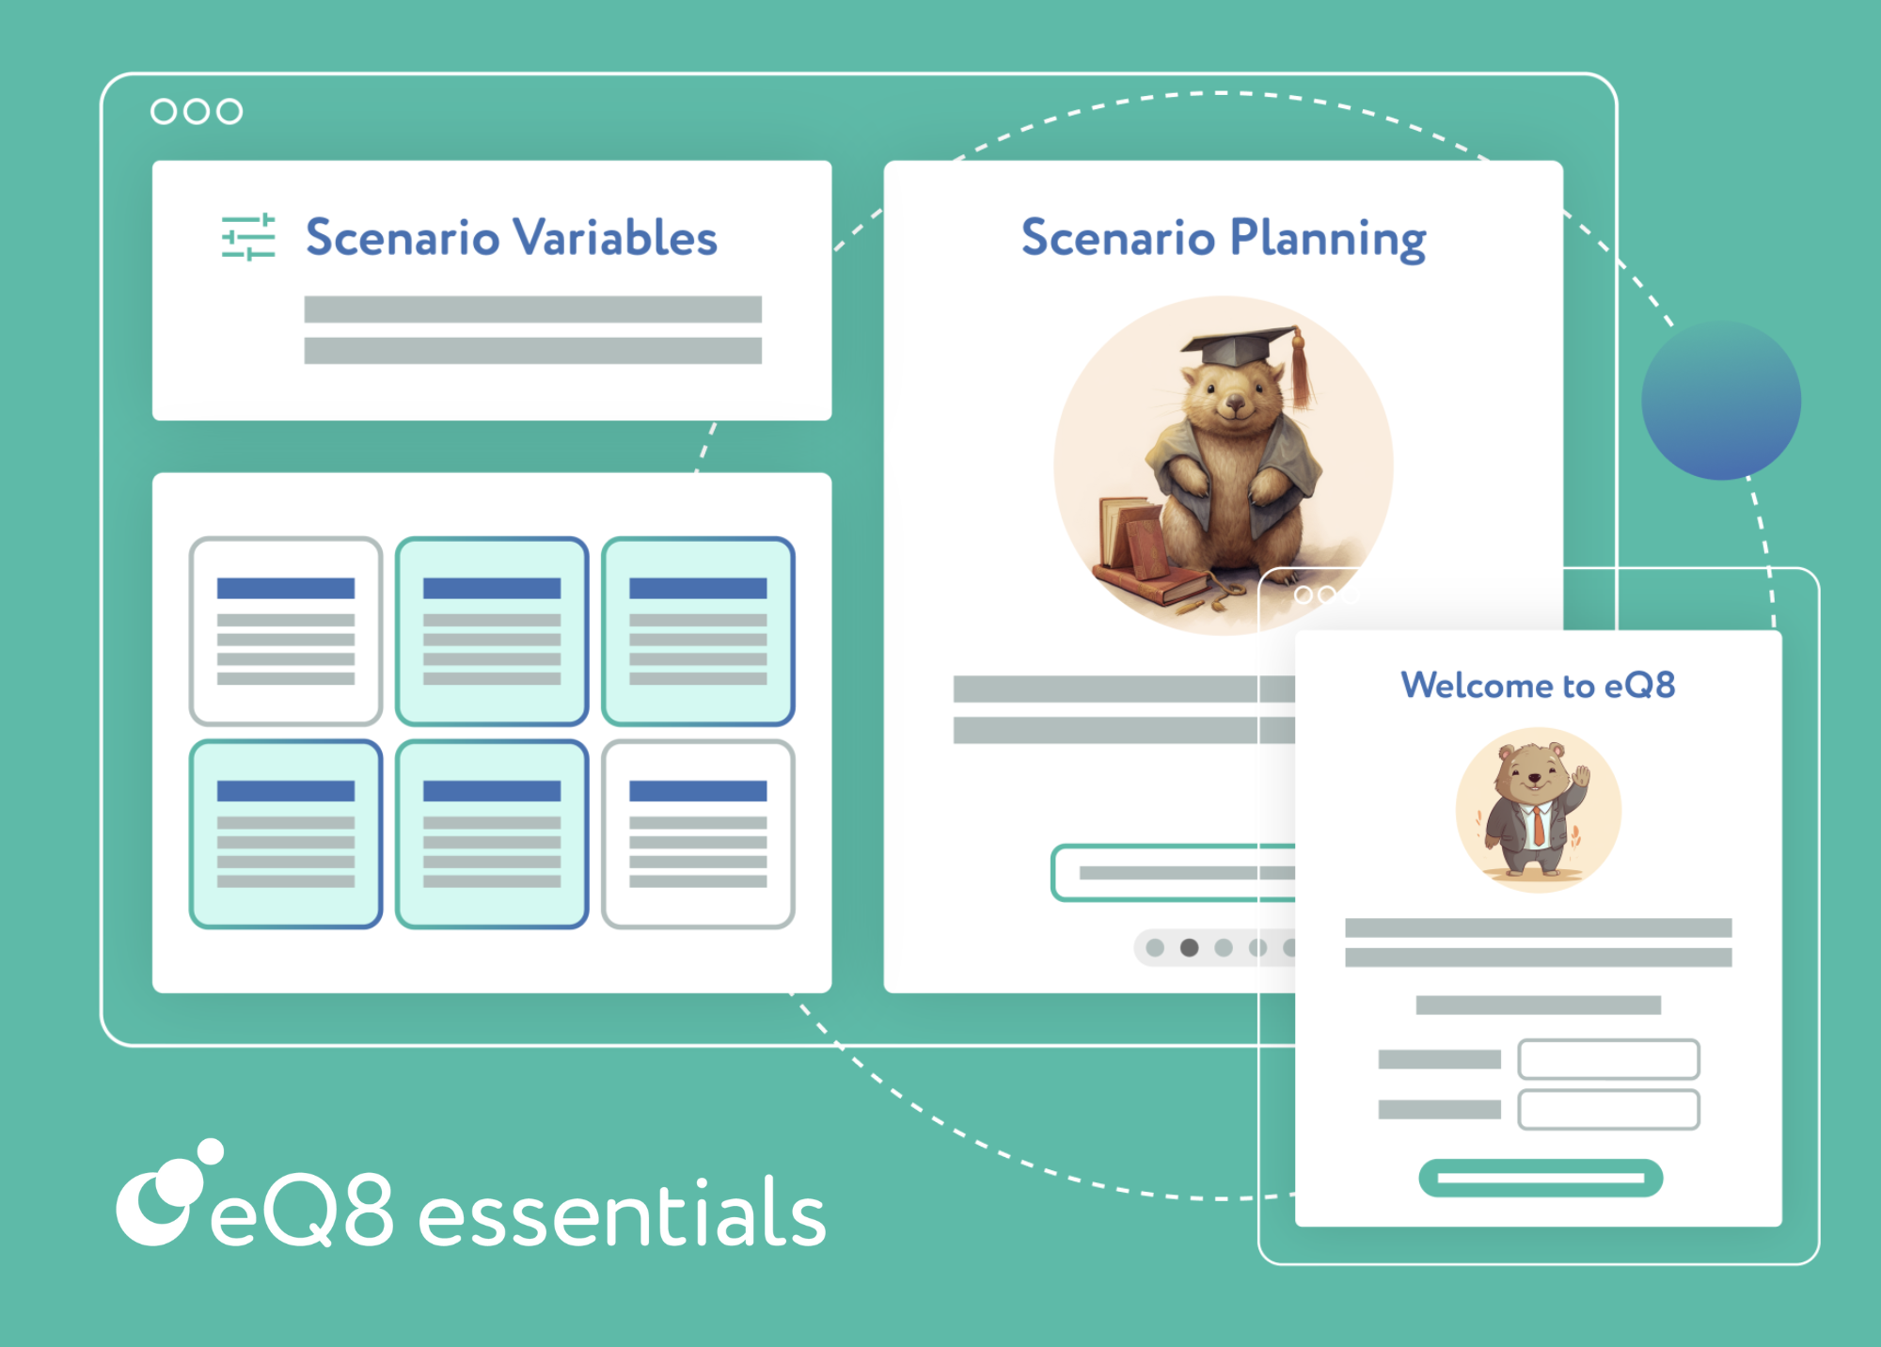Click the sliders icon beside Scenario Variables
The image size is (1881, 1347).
coord(248,237)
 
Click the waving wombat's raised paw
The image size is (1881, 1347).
coord(1582,777)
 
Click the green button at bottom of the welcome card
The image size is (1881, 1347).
coord(1541,1178)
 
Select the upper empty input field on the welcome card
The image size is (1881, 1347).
coord(1608,1059)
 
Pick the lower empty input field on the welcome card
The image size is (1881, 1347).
coord(1608,1109)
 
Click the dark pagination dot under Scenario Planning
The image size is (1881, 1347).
coord(1189,947)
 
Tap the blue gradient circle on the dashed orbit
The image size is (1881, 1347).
coord(1721,401)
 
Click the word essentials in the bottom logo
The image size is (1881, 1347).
coord(621,1215)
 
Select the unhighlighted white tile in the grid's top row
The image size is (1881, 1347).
coord(286,631)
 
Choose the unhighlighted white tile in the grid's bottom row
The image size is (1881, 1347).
coord(698,833)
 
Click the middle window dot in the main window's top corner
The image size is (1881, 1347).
coord(197,111)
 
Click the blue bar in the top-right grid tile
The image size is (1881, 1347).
coord(698,589)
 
